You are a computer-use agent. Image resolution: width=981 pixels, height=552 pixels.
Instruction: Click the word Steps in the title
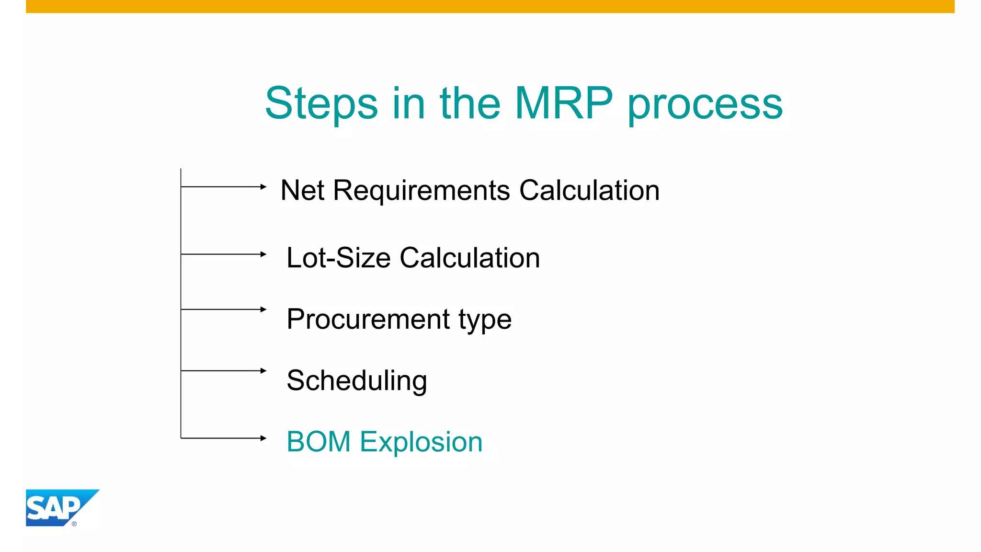pyautogui.click(x=321, y=103)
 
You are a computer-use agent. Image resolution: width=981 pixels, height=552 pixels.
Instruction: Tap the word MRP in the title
pyautogui.click(x=563, y=103)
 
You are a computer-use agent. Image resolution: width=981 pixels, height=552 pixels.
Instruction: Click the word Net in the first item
pyautogui.click(x=302, y=190)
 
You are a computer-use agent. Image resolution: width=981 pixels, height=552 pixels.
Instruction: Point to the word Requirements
pyautogui.click(x=422, y=191)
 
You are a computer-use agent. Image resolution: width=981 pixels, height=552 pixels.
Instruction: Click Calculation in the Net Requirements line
pyautogui.click(x=589, y=190)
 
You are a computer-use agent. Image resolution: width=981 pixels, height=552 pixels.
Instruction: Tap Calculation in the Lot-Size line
pyautogui.click(x=469, y=258)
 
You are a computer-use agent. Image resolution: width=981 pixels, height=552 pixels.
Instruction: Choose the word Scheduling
pyautogui.click(x=357, y=381)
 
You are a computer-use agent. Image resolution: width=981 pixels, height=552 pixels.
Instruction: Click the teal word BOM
pyautogui.click(x=319, y=442)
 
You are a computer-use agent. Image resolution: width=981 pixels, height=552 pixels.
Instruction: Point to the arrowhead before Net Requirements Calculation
pyautogui.click(x=263, y=186)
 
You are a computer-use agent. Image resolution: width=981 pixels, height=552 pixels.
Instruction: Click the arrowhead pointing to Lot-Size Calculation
pyautogui.click(x=263, y=254)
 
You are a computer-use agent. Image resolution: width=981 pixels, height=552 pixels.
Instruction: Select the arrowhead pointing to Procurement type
pyautogui.click(x=263, y=310)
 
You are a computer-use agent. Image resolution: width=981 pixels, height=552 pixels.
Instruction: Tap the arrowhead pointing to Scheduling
pyautogui.click(x=263, y=370)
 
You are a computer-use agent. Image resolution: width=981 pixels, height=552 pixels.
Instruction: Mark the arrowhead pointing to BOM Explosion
pyautogui.click(x=263, y=438)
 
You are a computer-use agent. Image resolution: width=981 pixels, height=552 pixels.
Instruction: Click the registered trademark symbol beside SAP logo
pyautogui.click(x=74, y=524)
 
